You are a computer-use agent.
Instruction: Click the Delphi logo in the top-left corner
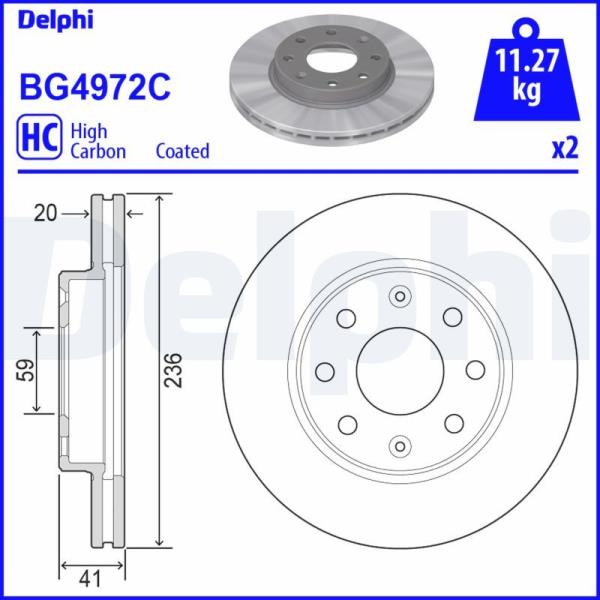click(55, 21)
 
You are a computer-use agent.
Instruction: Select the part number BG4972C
click(95, 87)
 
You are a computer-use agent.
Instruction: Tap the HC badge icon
click(39, 137)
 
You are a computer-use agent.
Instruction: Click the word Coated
click(183, 151)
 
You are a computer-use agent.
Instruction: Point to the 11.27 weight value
click(527, 60)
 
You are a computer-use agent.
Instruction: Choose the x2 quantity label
click(564, 149)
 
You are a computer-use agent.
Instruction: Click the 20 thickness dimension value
click(45, 213)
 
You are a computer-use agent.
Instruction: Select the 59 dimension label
click(26, 370)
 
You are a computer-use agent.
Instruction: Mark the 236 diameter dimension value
click(173, 370)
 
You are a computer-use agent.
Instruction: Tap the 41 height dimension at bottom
click(90, 578)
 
